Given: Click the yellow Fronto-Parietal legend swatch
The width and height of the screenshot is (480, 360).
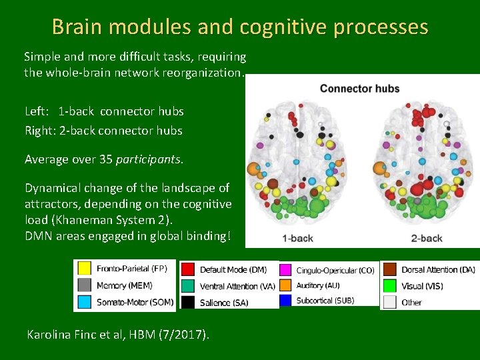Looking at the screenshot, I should tap(85, 269).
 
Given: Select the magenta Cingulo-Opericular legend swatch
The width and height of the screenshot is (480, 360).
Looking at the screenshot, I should tap(286, 270).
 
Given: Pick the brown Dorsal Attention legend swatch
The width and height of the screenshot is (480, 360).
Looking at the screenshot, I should tap(390, 270).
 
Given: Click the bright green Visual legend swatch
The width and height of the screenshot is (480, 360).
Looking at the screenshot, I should tap(390, 286).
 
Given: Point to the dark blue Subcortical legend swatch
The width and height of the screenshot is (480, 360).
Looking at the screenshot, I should tap(286, 301).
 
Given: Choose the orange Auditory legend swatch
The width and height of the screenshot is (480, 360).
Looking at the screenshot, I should tap(286, 285).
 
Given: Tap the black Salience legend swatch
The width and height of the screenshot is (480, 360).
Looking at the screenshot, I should tap(188, 302).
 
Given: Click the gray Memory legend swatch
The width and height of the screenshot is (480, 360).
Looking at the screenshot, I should tap(85, 285).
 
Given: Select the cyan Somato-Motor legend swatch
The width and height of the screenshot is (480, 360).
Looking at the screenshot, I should tap(85, 302).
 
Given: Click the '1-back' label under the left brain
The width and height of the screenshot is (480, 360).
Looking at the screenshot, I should tap(297, 238).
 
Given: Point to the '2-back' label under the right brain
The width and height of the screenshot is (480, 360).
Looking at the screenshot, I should tap(427, 238).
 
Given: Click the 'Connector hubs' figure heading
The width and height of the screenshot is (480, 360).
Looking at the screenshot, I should tap(360, 89).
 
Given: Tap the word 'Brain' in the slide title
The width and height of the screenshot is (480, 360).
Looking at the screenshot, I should tap(76, 27).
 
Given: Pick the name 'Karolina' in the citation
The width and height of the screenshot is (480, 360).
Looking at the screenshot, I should tap(50, 334).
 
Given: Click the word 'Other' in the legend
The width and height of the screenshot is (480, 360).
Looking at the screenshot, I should tap(412, 302).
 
